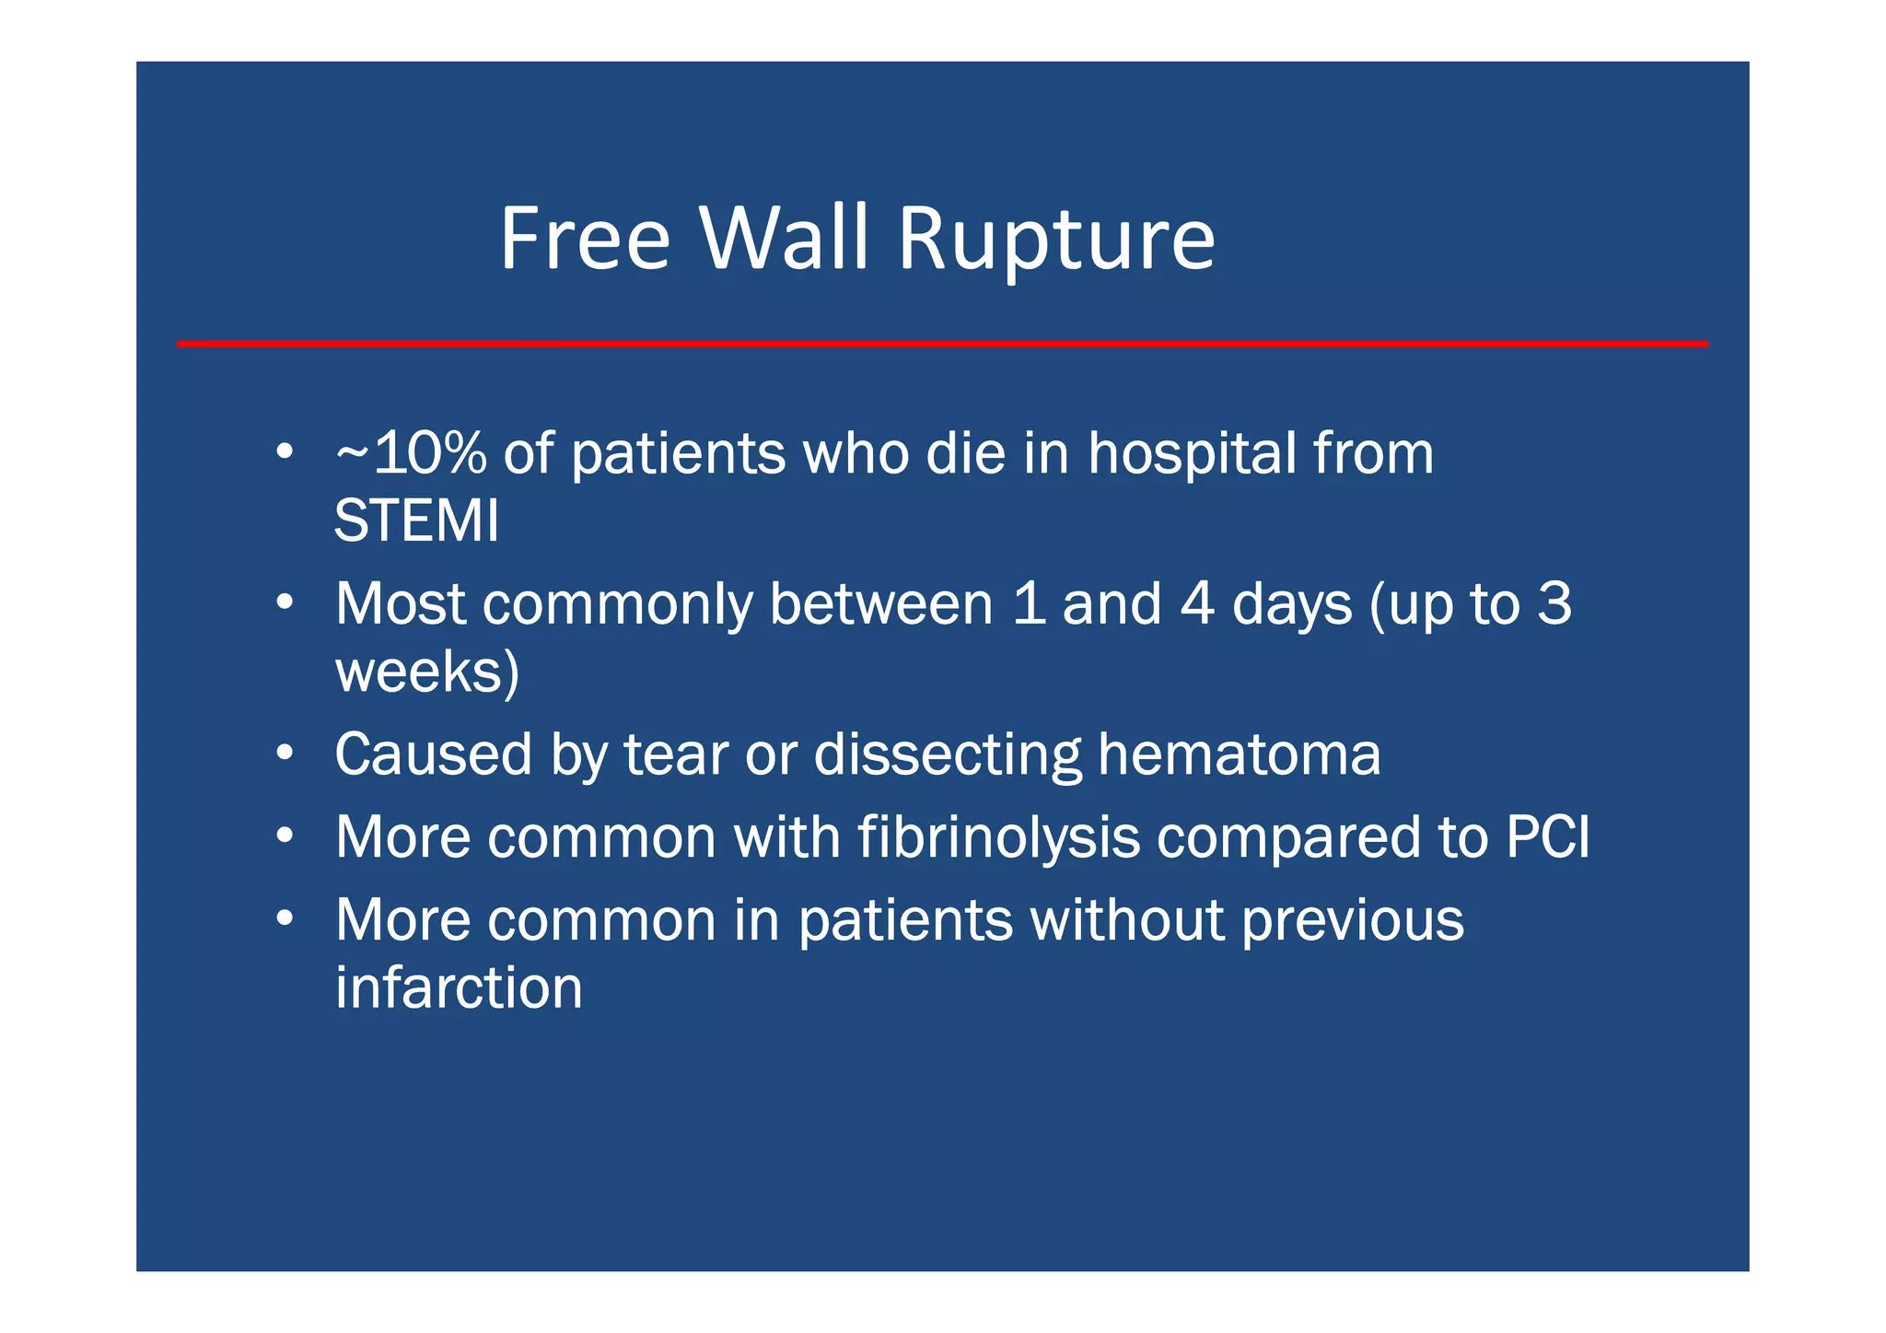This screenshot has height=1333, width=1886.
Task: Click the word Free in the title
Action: click(x=585, y=239)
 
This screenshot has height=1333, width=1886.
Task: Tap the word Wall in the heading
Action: click(x=784, y=239)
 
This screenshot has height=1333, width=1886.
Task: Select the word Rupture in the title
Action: click(x=1056, y=241)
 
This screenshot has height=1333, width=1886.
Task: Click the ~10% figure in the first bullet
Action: click(x=411, y=453)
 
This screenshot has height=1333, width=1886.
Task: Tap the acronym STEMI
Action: click(x=416, y=521)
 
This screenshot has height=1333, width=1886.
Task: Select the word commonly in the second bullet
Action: click(x=617, y=605)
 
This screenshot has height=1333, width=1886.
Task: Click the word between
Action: click(x=880, y=604)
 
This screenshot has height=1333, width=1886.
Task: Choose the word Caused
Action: click(x=434, y=754)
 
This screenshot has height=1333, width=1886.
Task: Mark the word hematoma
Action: click(x=1239, y=754)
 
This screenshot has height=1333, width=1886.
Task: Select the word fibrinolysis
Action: click(x=998, y=838)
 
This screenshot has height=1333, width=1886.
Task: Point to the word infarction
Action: click(x=459, y=988)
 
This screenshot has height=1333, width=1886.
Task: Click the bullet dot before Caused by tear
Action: click(x=285, y=754)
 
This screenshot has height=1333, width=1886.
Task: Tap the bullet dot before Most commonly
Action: click(x=285, y=603)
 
